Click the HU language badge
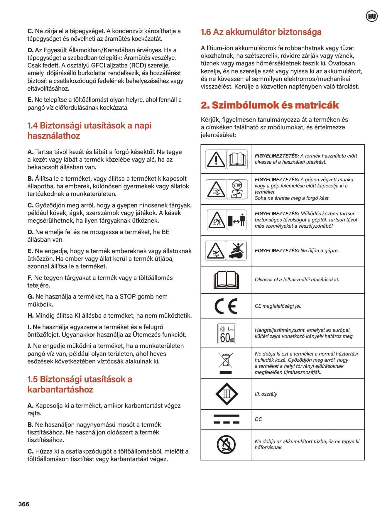372,16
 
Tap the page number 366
24,504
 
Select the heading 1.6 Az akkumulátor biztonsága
261,32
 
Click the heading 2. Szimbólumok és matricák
270,105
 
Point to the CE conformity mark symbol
226,306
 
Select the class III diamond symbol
227,394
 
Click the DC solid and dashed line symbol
226,419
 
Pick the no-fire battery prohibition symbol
226,444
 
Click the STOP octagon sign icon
237,185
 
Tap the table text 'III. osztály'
266,394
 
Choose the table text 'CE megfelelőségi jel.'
278,306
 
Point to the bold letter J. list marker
29,346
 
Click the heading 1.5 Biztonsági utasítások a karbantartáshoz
80,384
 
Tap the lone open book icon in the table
226,280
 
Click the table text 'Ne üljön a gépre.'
320,251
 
